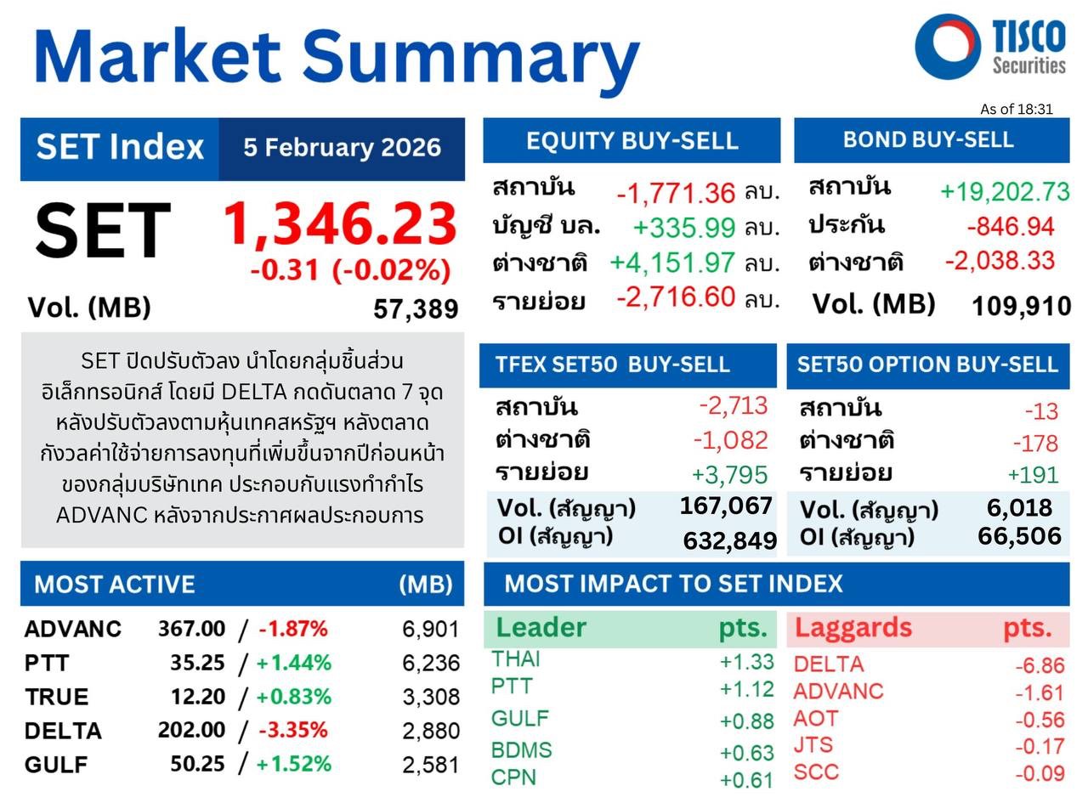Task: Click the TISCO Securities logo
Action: [989, 47]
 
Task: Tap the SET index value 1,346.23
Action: [339, 224]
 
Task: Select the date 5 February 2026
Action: [342, 148]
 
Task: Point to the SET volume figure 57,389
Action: [416, 309]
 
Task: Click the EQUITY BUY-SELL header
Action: [632, 140]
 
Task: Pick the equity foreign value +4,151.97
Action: [672, 263]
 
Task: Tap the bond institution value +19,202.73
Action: [1004, 191]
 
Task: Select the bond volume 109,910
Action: [1020, 306]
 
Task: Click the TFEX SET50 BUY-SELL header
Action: [612, 365]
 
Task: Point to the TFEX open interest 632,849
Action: [729, 540]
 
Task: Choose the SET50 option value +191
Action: [1033, 475]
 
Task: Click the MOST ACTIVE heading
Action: [114, 585]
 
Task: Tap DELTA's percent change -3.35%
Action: [292, 730]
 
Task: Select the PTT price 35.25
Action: [197, 663]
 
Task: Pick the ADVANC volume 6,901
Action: [430, 629]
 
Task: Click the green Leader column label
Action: [541, 628]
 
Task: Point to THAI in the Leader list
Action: [515, 659]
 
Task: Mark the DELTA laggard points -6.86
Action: [1040, 665]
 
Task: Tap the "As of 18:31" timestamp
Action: [1016, 109]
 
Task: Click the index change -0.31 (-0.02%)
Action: [350, 270]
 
